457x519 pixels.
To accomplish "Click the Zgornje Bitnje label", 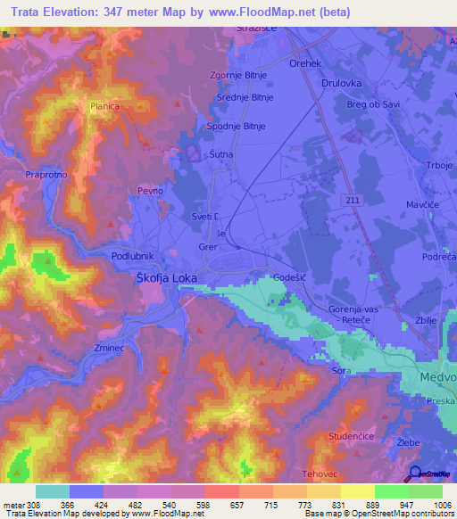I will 237,76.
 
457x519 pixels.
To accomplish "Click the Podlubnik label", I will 133,256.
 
